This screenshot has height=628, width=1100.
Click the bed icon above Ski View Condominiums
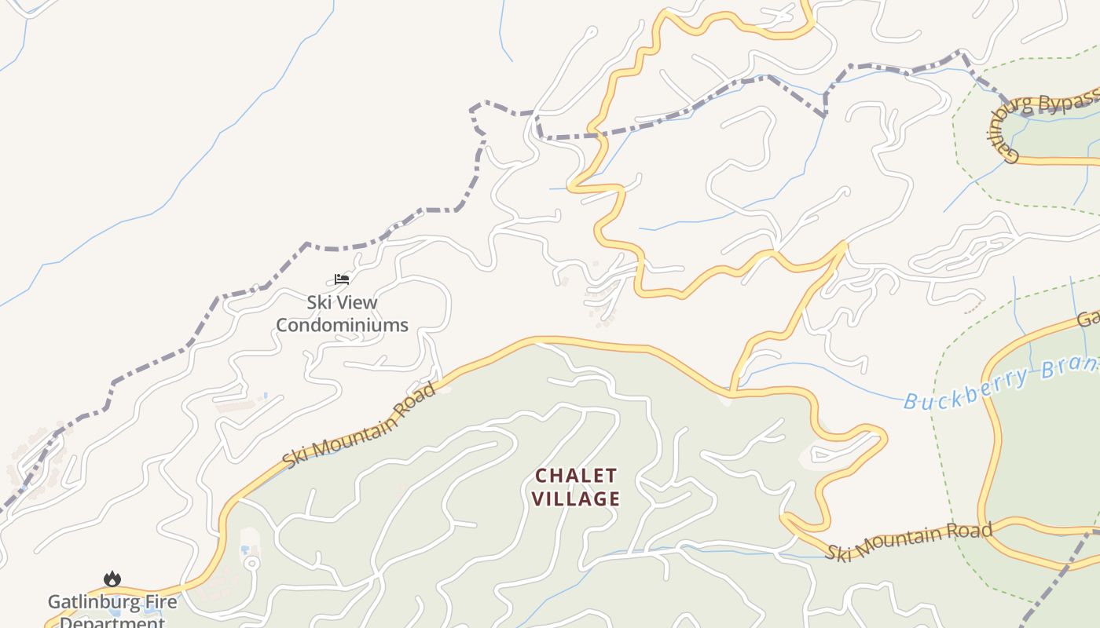[341, 279]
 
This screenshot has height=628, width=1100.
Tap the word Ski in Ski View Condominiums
[318, 302]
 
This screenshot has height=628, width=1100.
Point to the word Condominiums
[342, 325]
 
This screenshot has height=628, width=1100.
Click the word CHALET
[576, 476]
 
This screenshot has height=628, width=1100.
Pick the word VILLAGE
[576, 498]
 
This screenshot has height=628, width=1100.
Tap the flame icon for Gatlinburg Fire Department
[112, 579]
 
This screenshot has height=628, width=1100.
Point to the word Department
[112, 622]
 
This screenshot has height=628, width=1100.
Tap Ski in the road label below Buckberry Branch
[838, 551]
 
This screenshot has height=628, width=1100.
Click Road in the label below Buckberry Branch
[972, 531]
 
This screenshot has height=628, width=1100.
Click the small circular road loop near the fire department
[251, 562]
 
